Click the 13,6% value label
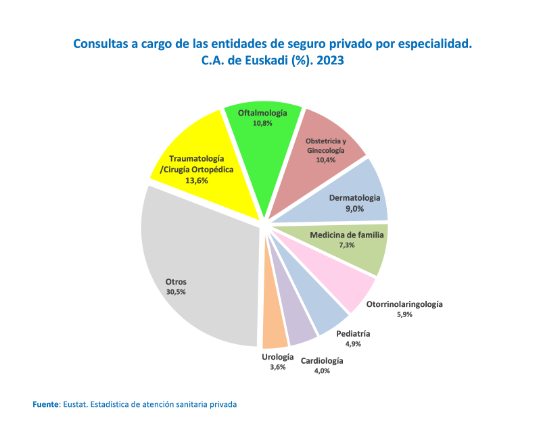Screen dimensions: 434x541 (197, 180)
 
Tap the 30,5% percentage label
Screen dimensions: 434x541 (176, 292)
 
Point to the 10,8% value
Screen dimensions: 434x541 (262, 124)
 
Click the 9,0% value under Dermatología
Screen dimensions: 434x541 (355, 209)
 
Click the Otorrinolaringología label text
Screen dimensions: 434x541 (404, 304)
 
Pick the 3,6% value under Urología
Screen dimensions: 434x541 (277, 367)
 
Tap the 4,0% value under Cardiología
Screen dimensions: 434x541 (322, 370)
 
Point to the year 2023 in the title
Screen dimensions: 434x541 (329, 60)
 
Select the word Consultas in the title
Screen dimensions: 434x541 (101, 44)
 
